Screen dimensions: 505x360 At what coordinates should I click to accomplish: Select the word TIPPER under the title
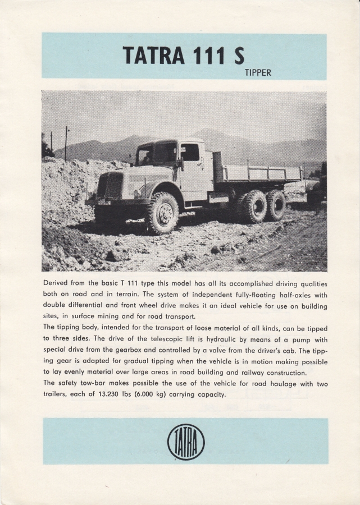pyautogui.click(x=258, y=73)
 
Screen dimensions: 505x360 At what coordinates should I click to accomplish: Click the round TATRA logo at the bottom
pyautogui.click(x=186, y=442)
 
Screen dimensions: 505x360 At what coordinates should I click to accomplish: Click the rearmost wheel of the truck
pyautogui.click(x=276, y=205)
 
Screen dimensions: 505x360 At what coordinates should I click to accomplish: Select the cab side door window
pyautogui.click(x=190, y=152)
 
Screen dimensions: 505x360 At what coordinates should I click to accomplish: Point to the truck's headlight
pyautogui.click(x=136, y=194)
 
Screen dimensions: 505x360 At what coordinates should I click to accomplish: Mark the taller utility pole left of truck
pyautogui.click(x=66, y=144)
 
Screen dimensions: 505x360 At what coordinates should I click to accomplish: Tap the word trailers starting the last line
pyautogui.click(x=57, y=394)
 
